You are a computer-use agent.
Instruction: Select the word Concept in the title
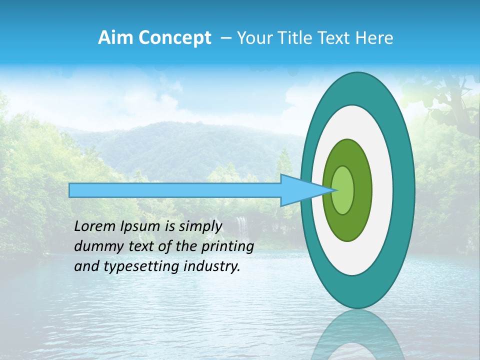click(175, 38)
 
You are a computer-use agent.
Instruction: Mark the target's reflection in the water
click(357, 335)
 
